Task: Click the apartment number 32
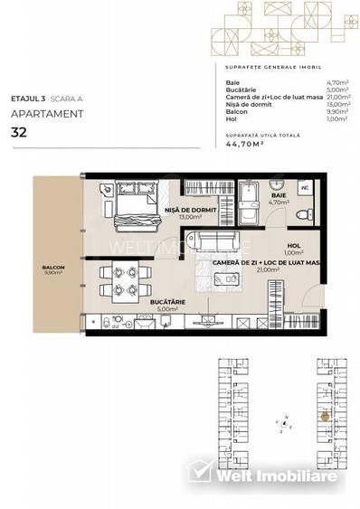tap(17, 132)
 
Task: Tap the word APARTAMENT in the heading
tap(47, 114)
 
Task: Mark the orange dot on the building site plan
tap(326, 417)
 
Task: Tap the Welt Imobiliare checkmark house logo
tap(199, 472)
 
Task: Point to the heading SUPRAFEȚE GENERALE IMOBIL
tap(271, 68)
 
